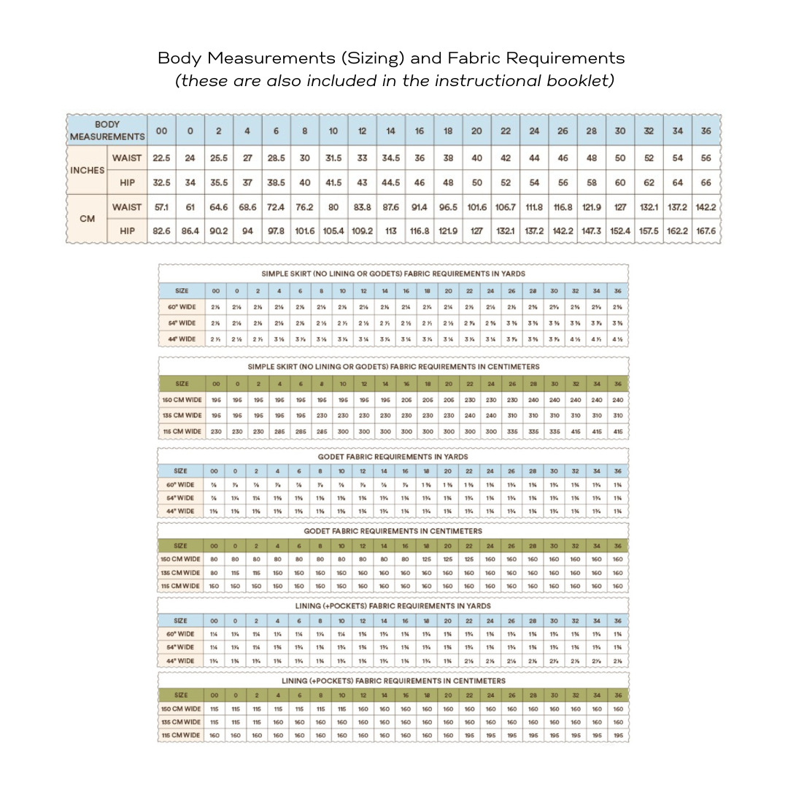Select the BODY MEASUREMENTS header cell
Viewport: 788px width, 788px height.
pyautogui.click(x=107, y=131)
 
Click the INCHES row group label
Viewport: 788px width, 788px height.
pyautogui.click(x=87, y=170)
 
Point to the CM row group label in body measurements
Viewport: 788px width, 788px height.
pyautogui.click(x=87, y=219)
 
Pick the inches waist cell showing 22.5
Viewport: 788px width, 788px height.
pyautogui.click(x=161, y=158)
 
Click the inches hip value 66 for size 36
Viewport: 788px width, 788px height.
pyautogui.click(x=706, y=182)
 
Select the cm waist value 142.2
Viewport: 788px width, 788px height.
pyautogui.click(x=706, y=207)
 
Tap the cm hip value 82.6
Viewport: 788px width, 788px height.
pyautogui.click(x=161, y=231)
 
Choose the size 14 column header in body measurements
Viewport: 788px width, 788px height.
pyautogui.click(x=390, y=131)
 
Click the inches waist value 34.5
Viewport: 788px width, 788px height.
pyautogui.click(x=390, y=158)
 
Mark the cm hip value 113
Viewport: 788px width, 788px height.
pyautogui.click(x=390, y=231)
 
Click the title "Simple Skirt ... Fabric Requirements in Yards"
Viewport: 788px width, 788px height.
pyautogui.click(x=393, y=274)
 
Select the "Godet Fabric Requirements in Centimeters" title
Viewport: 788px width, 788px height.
pyautogui.click(x=393, y=531)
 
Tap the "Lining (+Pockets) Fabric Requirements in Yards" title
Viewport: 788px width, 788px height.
pyautogui.click(x=393, y=606)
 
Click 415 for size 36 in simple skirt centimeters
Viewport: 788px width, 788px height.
pyautogui.click(x=618, y=431)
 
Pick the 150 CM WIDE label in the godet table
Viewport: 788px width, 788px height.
pyautogui.click(x=181, y=560)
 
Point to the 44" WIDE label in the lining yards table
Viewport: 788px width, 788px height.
pyautogui.click(x=181, y=661)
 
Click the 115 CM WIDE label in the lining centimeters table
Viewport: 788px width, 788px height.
pyautogui.click(x=181, y=735)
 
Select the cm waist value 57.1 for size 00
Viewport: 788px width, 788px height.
pyautogui.click(x=161, y=207)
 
